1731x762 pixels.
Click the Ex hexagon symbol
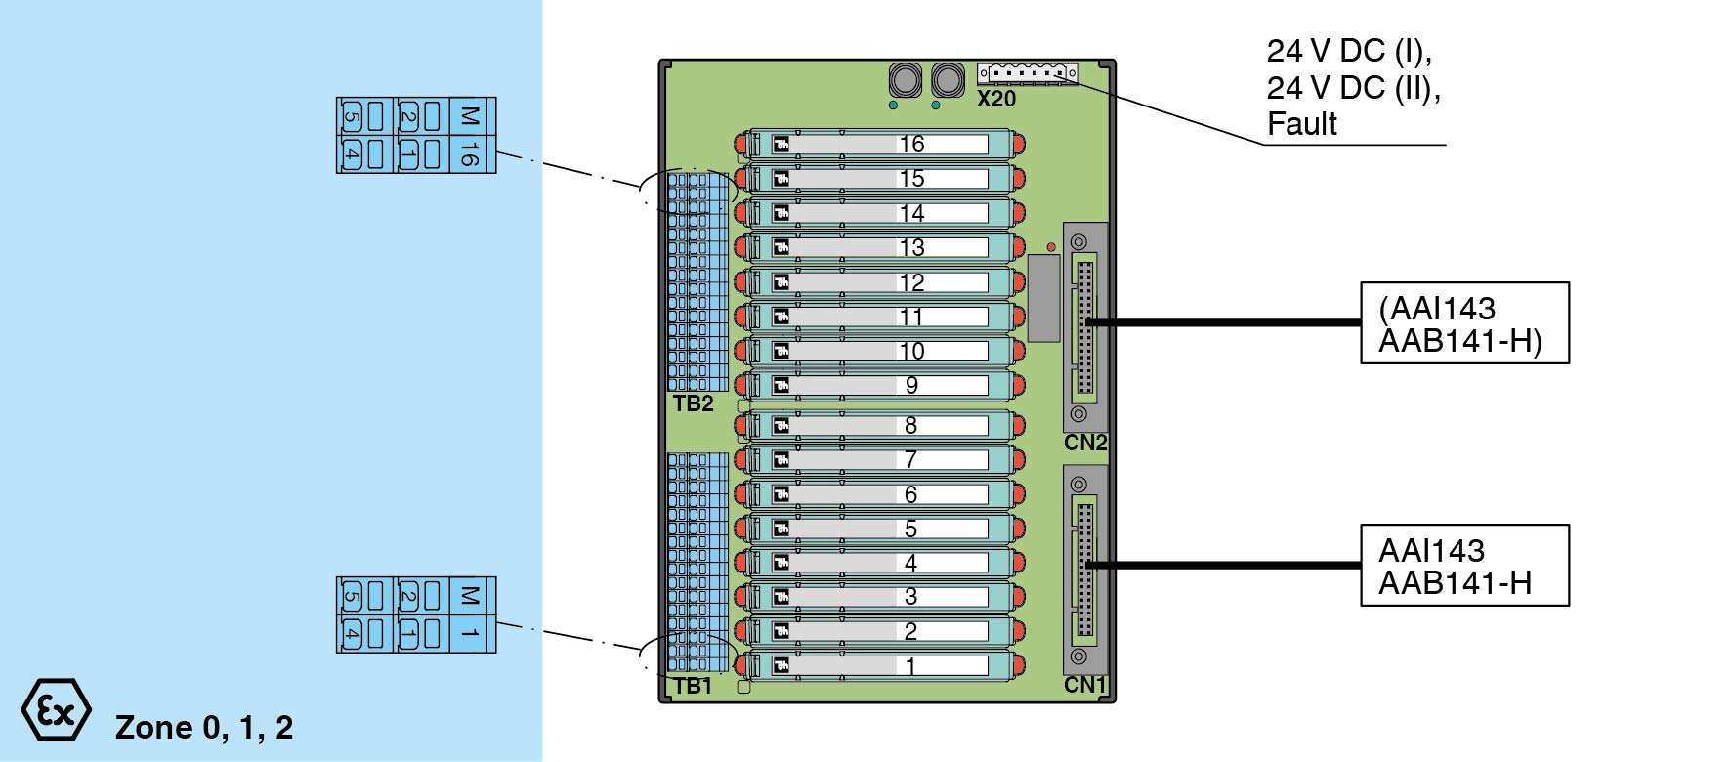(x=57, y=710)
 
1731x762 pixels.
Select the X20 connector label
(x=996, y=99)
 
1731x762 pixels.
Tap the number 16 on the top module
(x=911, y=145)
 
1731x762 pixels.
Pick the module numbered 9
(x=879, y=386)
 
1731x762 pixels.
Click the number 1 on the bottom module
(x=910, y=666)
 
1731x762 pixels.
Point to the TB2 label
(x=693, y=404)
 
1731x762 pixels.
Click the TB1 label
(x=693, y=686)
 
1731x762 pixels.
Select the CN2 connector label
(x=1085, y=443)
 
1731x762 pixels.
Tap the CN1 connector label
(x=1085, y=685)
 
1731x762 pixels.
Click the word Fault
(x=1302, y=124)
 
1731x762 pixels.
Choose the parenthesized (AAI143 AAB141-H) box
(x=1464, y=323)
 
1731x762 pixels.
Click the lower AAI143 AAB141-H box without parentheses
(x=1464, y=566)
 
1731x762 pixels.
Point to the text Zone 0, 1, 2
(x=204, y=727)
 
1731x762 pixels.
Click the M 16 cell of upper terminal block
(x=469, y=136)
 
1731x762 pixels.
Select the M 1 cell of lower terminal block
(x=469, y=615)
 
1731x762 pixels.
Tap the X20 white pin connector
(x=1028, y=73)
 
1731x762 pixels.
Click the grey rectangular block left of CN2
(x=1043, y=299)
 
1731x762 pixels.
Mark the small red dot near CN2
(x=1051, y=247)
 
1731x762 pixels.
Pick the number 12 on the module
(x=911, y=283)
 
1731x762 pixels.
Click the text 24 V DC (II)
(x=1354, y=88)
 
